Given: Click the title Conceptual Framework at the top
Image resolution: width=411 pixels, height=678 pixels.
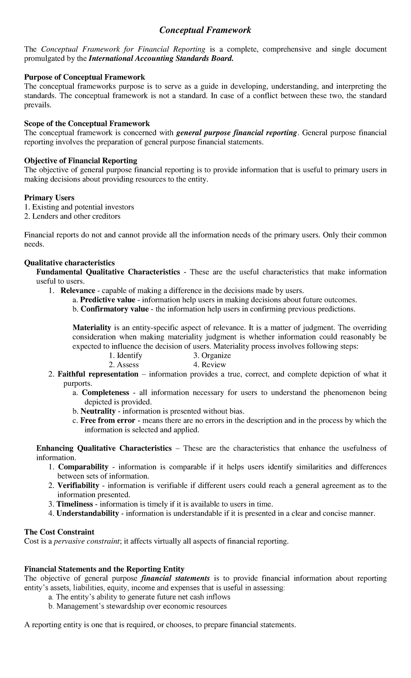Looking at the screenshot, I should point(205,31).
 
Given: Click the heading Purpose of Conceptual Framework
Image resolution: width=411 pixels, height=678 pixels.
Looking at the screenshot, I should point(85,77).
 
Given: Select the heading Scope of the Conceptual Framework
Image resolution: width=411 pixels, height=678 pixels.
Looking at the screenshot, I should point(87,123).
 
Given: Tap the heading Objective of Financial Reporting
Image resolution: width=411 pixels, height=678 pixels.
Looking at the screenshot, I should point(81,160).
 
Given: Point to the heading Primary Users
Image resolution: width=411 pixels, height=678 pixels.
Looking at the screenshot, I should point(49,198).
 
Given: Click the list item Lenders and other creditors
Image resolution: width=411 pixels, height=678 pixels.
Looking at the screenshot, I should point(72,216).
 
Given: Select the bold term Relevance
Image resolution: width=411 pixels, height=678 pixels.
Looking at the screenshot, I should point(78,291).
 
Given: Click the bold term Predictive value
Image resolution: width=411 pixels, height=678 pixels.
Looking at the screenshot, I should point(108,300).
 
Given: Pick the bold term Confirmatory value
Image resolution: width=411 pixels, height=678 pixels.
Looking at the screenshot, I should point(114,309).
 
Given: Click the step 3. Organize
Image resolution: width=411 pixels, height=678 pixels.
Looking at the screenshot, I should point(212,355).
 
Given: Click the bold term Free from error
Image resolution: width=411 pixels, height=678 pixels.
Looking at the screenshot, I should point(108,420).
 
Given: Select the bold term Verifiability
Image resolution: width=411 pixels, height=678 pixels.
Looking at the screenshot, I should point(78,486).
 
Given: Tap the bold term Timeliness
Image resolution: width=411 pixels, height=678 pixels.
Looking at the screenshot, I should point(75,504).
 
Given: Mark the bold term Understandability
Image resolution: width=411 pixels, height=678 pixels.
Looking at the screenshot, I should point(88,513).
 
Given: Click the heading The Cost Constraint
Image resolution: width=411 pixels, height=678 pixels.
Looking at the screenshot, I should point(59,532).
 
